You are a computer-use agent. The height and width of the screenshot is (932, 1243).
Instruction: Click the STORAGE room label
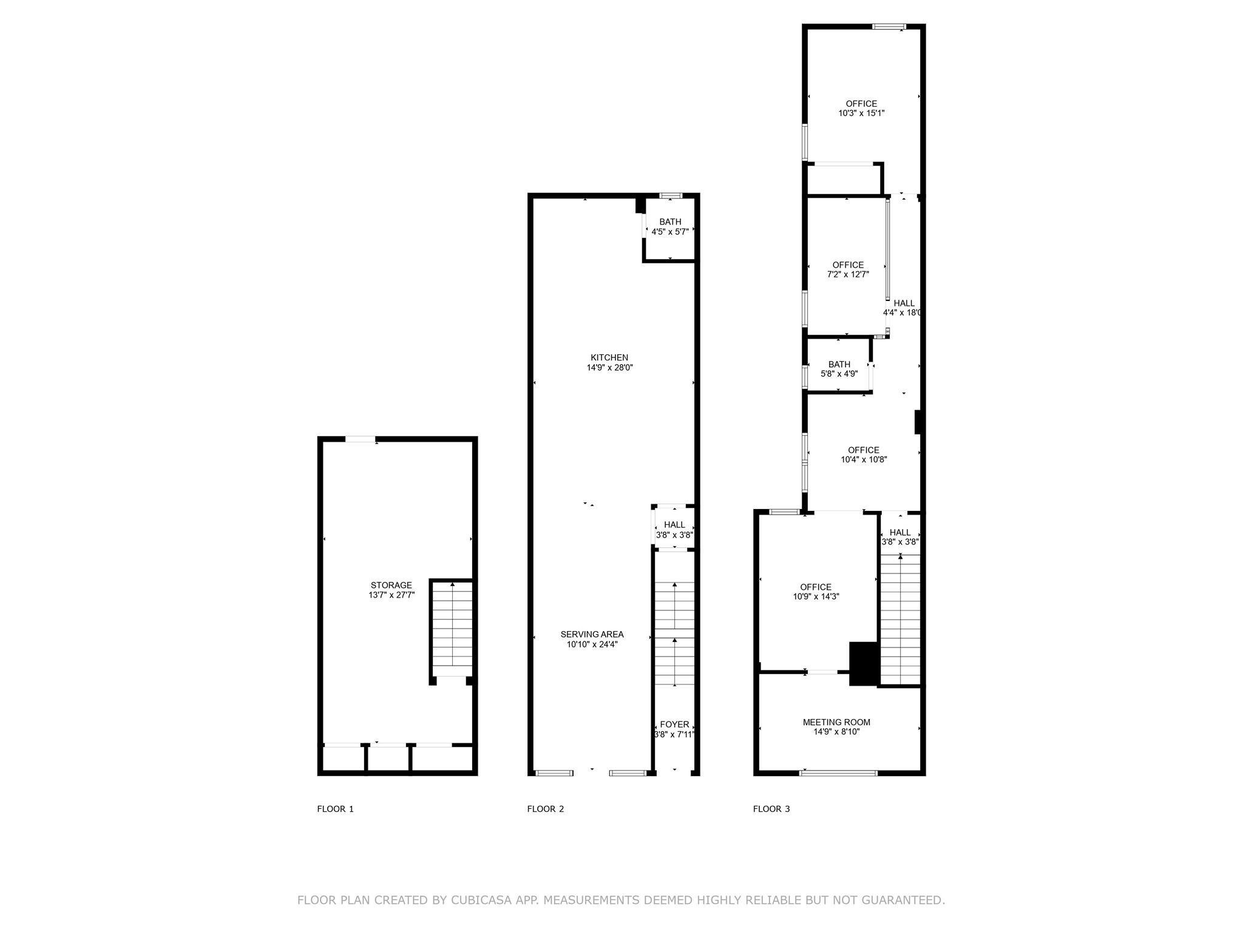tap(391, 590)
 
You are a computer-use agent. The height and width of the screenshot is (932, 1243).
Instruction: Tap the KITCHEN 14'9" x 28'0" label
tap(609, 362)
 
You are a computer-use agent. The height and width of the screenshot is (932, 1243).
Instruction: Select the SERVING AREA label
tap(592, 639)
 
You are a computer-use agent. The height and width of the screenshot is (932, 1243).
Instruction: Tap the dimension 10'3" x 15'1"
tap(861, 113)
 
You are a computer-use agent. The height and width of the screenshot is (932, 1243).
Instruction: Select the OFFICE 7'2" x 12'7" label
tap(848, 269)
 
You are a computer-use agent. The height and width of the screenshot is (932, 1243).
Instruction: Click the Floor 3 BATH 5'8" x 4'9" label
tap(839, 369)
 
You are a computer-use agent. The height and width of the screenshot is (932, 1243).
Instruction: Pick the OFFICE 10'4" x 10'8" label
tap(864, 454)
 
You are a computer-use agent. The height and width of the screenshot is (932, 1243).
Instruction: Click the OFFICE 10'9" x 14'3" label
tap(816, 592)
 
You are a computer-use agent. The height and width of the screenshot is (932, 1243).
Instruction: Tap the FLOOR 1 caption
tap(335, 809)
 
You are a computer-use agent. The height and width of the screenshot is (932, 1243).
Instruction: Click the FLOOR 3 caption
tap(771, 809)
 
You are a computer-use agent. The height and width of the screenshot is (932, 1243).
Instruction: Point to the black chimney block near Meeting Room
tap(864, 663)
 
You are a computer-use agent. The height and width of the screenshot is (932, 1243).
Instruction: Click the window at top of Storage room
tap(361, 439)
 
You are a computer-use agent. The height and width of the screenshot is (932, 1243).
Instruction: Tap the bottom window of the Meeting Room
tap(839, 773)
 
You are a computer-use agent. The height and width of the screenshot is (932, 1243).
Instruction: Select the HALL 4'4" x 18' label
tap(903, 308)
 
